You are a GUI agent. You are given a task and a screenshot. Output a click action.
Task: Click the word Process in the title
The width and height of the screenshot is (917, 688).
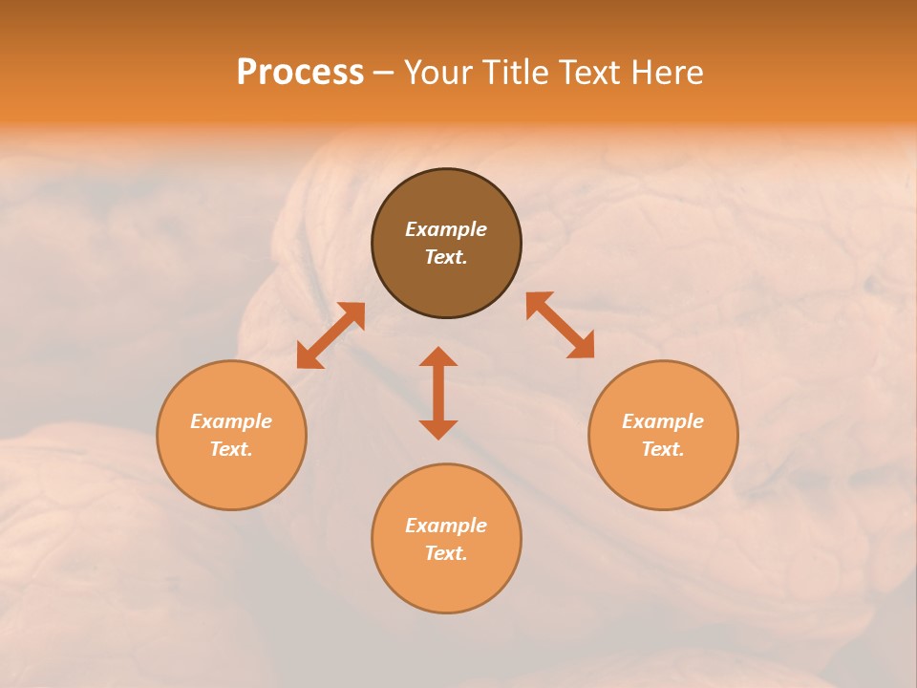tap(300, 73)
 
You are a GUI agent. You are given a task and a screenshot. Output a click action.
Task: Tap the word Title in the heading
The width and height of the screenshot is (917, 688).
tap(521, 73)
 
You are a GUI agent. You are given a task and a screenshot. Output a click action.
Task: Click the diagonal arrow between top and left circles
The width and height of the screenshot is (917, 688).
tap(331, 335)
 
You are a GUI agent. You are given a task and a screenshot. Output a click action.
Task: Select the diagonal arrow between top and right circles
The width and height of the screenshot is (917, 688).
tap(561, 325)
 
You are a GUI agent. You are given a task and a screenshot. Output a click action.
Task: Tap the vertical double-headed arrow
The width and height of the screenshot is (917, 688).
tap(438, 393)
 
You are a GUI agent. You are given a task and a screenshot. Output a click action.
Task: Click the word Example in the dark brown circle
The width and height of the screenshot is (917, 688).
tap(446, 229)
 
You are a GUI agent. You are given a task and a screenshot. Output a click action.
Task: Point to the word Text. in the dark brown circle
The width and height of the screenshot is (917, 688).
tap(446, 257)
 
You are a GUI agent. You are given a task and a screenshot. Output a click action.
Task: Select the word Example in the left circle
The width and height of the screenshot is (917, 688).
tap(231, 421)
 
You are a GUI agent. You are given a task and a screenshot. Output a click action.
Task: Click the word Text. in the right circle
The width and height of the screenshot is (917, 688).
tap(663, 449)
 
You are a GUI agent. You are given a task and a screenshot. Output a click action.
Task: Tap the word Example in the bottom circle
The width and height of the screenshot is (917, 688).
tap(446, 526)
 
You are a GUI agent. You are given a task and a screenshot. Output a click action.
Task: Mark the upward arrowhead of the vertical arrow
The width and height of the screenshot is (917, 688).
tap(438, 356)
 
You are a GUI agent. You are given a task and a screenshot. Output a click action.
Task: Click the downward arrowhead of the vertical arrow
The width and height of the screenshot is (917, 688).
tap(438, 429)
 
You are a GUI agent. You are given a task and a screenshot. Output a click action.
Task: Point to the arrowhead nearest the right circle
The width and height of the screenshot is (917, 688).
tap(583, 346)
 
